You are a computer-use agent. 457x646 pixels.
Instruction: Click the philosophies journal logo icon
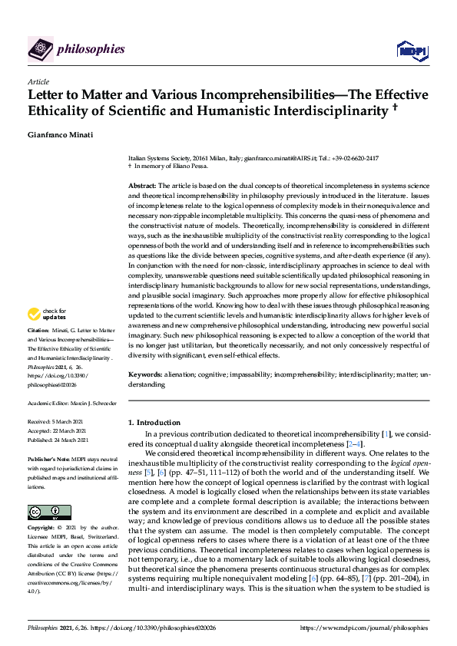point(40,49)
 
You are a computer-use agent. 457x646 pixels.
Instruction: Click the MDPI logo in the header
point(411,50)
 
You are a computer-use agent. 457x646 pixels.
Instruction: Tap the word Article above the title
point(38,81)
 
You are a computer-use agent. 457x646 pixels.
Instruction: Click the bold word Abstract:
point(141,186)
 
